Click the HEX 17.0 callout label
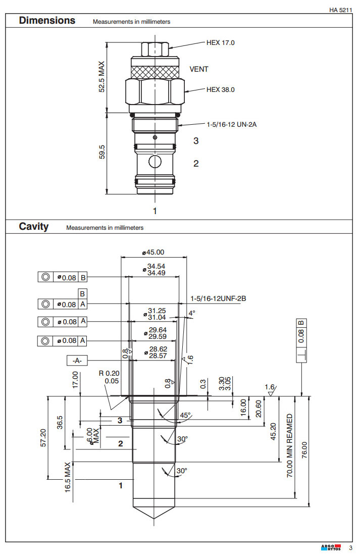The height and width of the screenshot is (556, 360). point(220,42)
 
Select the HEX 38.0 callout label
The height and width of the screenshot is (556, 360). point(220,90)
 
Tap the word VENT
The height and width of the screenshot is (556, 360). point(198,69)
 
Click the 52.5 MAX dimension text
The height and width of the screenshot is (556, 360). point(101,77)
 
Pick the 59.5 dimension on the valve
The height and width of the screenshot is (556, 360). point(101,153)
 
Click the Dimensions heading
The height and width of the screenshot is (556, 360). point(47,21)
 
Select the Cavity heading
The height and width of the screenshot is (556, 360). point(34,226)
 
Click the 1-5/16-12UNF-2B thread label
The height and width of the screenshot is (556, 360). point(218,298)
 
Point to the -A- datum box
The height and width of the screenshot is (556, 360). point(77,361)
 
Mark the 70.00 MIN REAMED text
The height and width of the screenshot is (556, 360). point(290,445)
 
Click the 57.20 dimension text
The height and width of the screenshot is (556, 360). point(43,438)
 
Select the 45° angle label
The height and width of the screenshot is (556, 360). point(185,415)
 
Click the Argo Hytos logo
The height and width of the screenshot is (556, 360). point(331,548)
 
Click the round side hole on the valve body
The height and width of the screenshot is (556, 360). point(155,162)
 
